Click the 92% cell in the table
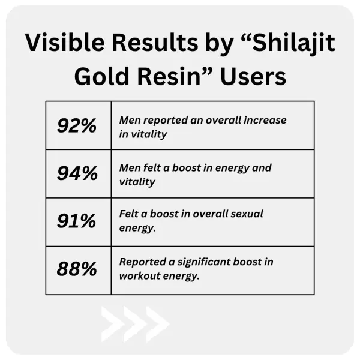click(x=77, y=125)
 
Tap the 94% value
click(x=77, y=173)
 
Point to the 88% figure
click(x=77, y=269)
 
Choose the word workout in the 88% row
click(x=141, y=276)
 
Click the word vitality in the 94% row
click(x=137, y=182)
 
